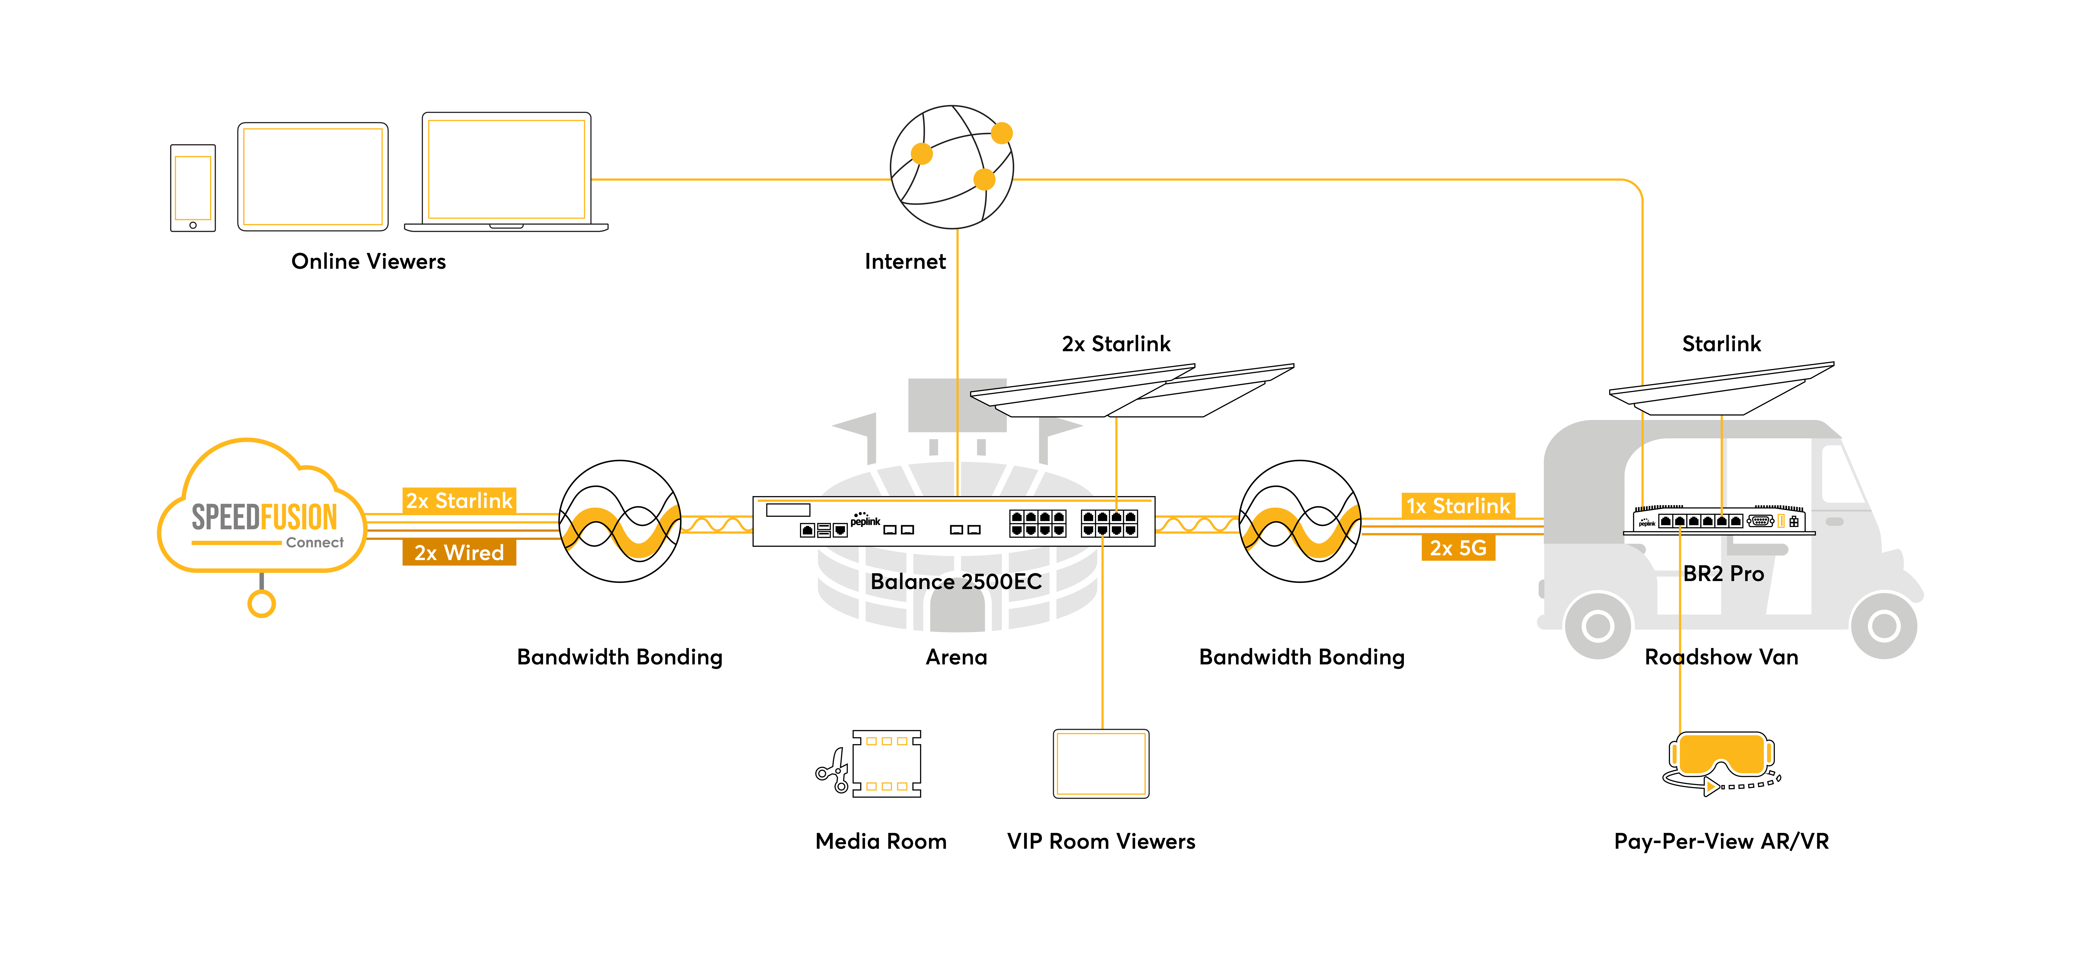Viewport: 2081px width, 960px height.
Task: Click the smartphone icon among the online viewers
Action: coord(193,188)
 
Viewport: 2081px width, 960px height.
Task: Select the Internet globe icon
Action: coord(952,167)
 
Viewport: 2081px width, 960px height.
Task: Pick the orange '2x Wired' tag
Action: coord(459,553)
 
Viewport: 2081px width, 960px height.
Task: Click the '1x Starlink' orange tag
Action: coord(1458,506)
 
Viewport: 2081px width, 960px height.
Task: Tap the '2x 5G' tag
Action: coord(1458,548)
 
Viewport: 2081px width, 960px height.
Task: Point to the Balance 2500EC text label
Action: coord(956,582)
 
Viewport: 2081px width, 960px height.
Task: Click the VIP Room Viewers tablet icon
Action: coord(1101,764)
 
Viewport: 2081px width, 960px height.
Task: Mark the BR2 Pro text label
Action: coord(1723,574)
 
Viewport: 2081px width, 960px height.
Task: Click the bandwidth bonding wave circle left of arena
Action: coord(620,521)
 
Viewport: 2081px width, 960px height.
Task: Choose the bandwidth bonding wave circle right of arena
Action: coord(1300,521)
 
